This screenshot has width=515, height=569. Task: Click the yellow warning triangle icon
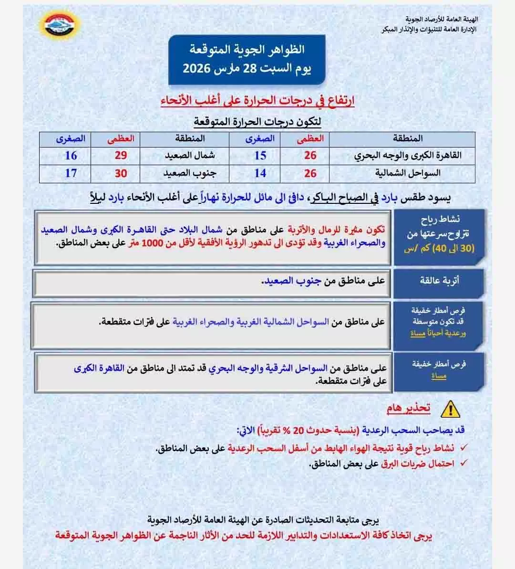point(448,409)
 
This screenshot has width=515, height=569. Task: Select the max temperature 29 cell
point(121,156)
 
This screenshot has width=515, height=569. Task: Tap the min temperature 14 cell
point(260,173)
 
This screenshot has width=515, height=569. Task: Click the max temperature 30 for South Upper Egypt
point(121,173)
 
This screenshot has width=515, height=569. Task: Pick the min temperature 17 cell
point(71,173)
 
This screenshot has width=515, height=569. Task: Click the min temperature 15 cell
point(260,156)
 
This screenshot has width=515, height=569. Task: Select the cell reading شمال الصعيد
point(190,156)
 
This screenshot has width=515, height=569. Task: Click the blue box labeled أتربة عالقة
point(439,280)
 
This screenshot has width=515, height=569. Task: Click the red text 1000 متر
point(145,243)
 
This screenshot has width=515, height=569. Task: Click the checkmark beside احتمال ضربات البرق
point(463,463)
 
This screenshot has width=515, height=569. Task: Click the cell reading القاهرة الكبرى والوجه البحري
point(408,156)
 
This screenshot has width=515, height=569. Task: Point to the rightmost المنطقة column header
point(408,138)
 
